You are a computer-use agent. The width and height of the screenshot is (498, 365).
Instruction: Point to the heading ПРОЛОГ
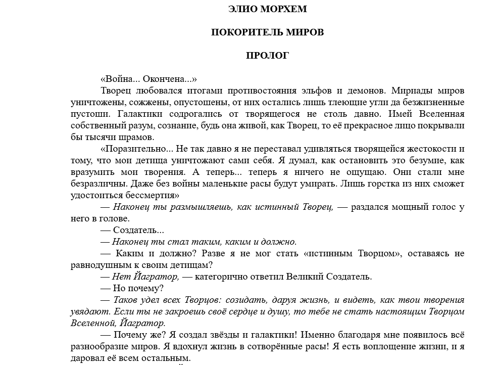pyautogui.click(x=267, y=55)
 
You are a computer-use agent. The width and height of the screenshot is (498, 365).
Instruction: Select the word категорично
pyautogui.click(x=225, y=277)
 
